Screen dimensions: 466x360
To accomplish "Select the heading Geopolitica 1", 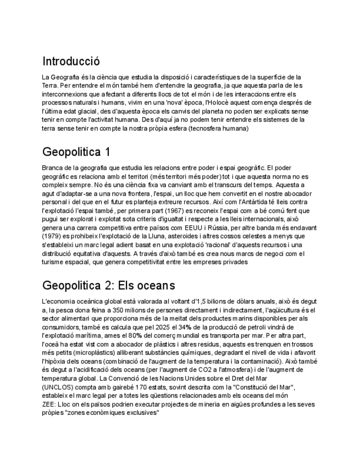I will pos(76,152).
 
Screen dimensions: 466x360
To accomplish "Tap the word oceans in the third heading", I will pos(154,285).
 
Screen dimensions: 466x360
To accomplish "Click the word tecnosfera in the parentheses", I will pos(200,128).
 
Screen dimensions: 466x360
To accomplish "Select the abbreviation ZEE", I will pos(49,403).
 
